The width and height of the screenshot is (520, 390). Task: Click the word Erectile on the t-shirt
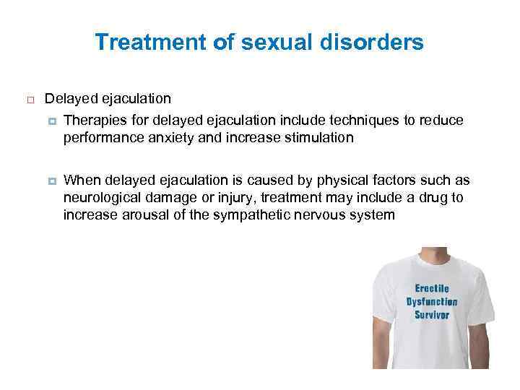pos(432,289)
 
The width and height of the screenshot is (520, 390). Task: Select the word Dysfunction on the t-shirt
pos(432,302)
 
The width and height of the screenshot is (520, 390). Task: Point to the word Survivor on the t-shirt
pos(432,315)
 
